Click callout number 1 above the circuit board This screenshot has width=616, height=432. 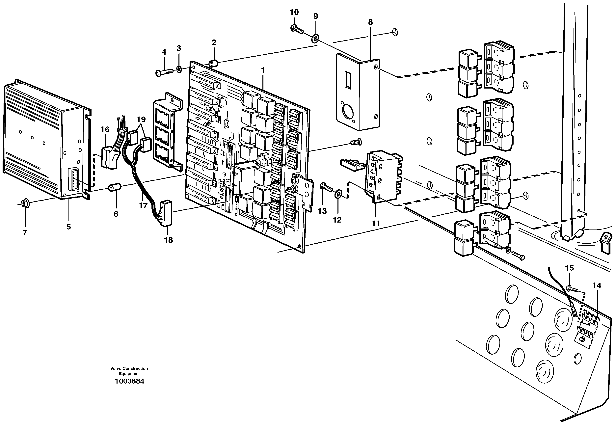[x=263, y=70]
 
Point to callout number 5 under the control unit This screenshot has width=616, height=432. [x=68, y=227]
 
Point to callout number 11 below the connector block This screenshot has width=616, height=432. [x=376, y=223]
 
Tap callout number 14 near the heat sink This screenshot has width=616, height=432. [x=597, y=285]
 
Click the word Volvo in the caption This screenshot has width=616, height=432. [x=116, y=368]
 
